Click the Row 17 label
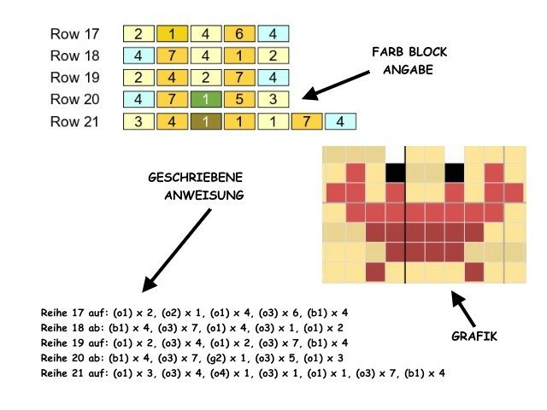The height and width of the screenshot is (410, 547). coord(74,35)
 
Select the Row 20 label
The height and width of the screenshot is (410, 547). coord(74,100)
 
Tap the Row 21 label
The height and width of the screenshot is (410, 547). coord(74,122)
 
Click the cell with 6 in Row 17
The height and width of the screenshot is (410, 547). coord(239,35)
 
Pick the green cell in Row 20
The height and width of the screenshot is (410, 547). coord(206,100)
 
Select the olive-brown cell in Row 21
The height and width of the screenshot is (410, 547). coord(206,122)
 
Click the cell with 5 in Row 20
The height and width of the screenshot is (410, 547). coord(239,100)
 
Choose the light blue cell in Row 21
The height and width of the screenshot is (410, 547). coord(339,122)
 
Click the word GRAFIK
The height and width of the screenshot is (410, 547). coord(474,337)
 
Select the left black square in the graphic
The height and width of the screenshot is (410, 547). coord(395,173)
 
